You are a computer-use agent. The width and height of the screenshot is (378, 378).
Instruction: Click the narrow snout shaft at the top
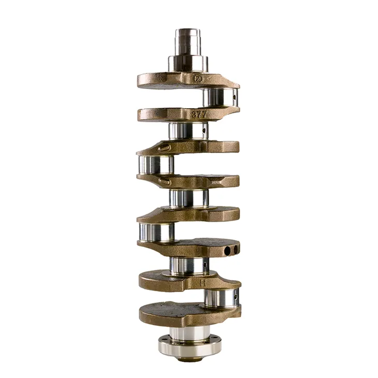tap(188, 41)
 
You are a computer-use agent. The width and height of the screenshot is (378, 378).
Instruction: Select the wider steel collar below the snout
tap(188, 64)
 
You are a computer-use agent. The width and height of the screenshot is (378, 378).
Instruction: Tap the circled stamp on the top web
tap(197, 79)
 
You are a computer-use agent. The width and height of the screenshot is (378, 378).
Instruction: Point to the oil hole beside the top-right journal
tap(234, 96)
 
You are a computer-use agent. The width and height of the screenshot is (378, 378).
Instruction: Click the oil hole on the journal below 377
tap(204, 130)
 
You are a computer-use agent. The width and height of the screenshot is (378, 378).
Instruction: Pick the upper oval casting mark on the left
tap(162, 149)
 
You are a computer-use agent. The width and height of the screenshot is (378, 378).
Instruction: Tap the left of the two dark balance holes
tap(226, 250)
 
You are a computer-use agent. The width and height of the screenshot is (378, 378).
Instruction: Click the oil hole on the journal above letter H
tap(205, 266)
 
